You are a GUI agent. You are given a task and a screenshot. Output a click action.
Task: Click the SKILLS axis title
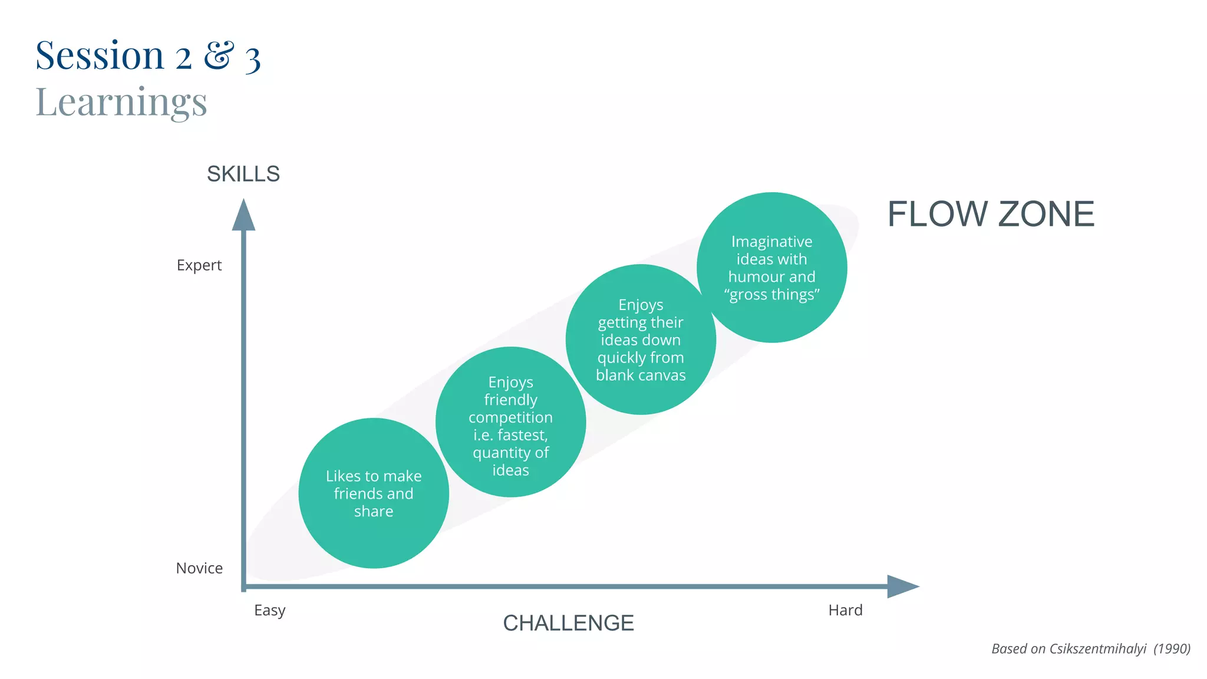tap(243, 174)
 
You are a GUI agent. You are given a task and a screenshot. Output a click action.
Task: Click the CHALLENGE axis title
tap(568, 623)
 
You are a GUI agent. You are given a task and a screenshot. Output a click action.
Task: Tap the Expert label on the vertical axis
tap(199, 265)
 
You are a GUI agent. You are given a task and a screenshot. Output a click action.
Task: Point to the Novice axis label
tap(199, 568)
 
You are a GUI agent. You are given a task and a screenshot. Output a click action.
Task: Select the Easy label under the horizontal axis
tap(269, 610)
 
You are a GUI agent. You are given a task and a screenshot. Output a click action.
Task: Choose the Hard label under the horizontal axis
tap(845, 610)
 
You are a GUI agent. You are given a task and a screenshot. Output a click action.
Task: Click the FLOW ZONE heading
tap(991, 213)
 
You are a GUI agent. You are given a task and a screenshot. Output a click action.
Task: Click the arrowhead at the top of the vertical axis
tap(243, 215)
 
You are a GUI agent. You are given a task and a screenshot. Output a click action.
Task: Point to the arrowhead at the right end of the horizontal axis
tap(903, 586)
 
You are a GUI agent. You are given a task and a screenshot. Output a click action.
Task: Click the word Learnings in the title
tap(121, 102)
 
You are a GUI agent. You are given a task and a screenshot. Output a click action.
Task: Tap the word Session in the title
tap(100, 55)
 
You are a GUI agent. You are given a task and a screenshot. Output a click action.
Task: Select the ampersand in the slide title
tap(219, 55)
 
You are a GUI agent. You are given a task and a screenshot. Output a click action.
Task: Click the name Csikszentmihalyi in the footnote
tap(1097, 649)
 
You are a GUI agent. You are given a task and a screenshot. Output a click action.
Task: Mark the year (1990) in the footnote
tap(1172, 649)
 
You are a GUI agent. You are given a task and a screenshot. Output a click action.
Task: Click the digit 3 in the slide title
tap(253, 60)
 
